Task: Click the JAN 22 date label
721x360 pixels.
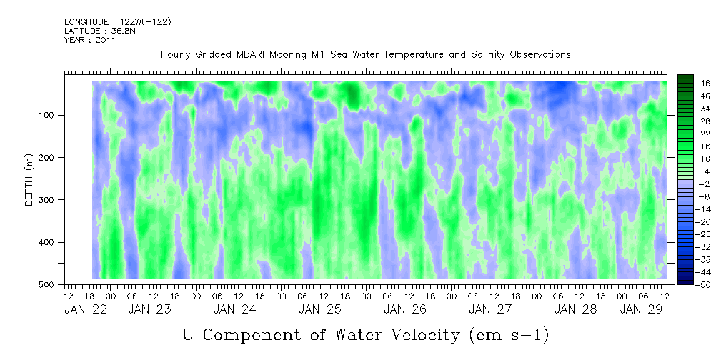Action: pyautogui.click(x=86, y=309)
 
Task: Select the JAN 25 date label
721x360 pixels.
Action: pyautogui.click(x=319, y=309)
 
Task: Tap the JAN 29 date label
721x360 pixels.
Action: pyautogui.click(x=640, y=309)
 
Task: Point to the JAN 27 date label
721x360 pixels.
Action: pyautogui.click(x=490, y=309)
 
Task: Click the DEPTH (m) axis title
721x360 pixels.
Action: pyautogui.click(x=29, y=182)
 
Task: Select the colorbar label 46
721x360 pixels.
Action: pyautogui.click(x=693, y=84)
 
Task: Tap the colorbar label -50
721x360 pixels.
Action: pyautogui.click(x=691, y=284)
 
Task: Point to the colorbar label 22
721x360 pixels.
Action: pyautogui.click(x=693, y=136)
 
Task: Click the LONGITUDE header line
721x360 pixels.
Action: pyautogui.click(x=118, y=21)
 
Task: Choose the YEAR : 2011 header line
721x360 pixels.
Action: pyautogui.click(x=90, y=40)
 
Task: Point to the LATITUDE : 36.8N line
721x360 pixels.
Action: pyautogui.click(x=100, y=31)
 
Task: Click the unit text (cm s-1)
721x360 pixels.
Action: pyautogui.click(x=509, y=335)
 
